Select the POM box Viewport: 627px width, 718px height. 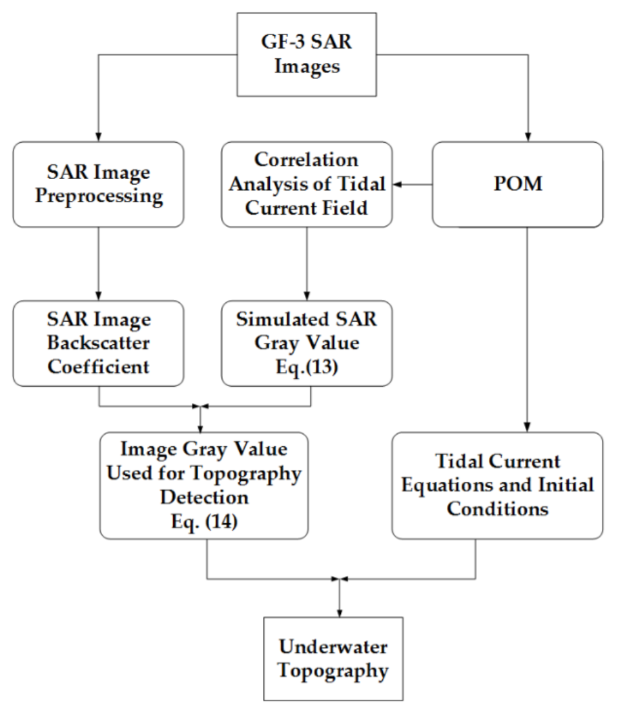pos(517,184)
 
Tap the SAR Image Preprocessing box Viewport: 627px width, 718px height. pos(99,184)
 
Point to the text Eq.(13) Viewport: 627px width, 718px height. pos(307,366)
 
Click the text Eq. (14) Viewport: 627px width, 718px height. pos(200,522)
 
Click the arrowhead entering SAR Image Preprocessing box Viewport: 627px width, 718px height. pos(99,136)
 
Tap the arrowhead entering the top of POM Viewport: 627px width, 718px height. pos(527,136)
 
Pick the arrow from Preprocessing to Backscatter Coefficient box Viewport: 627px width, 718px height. pos(99,264)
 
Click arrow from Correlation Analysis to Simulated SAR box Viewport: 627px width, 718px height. pos(307,264)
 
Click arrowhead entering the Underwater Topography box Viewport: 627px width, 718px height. pos(339,612)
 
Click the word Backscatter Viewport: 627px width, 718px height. pos(99,343)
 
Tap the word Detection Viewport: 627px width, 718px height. pos(200,499)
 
